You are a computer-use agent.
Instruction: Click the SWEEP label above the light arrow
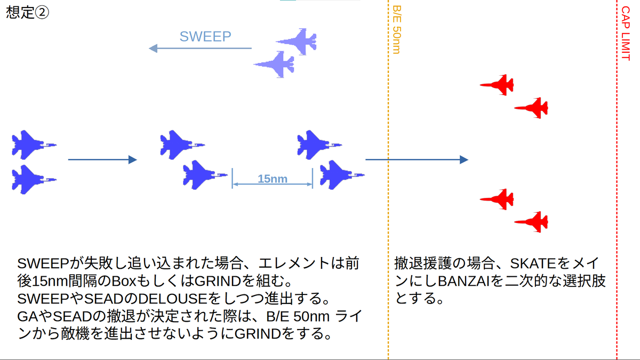[205, 36]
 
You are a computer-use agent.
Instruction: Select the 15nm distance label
[272, 179]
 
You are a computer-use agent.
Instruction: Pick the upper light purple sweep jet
[297, 41]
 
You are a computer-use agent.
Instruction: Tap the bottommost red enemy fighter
[532, 221]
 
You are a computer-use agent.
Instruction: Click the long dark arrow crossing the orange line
[416, 159]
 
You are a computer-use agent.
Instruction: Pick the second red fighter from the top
[532, 108]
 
